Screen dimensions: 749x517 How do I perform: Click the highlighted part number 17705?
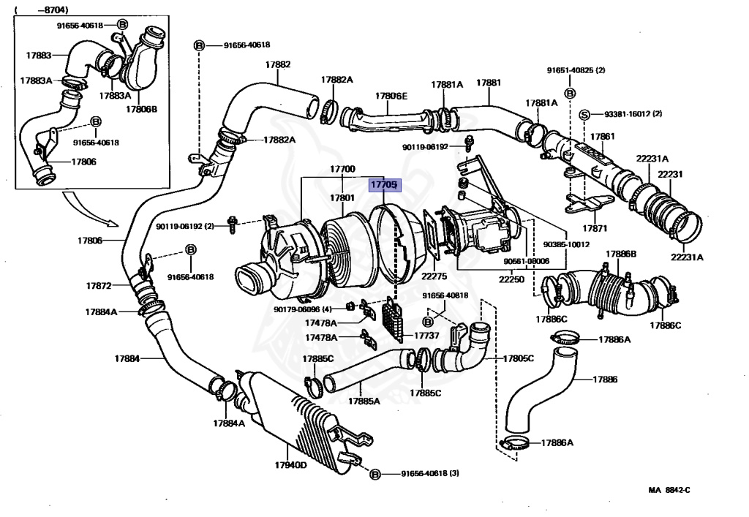[x=385, y=185]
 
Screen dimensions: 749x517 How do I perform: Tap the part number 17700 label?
[x=342, y=169]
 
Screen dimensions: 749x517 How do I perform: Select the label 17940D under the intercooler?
[x=291, y=465]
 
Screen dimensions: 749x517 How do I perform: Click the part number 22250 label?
[x=511, y=279]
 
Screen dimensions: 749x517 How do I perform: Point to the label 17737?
[x=426, y=336]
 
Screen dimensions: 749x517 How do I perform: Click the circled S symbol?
[x=584, y=115]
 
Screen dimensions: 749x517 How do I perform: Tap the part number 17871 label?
[x=595, y=228]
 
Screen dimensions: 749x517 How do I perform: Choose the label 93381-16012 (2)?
[x=633, y=114]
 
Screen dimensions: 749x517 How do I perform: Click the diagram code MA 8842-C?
[x=669, y=490]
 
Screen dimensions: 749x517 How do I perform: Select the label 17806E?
[x=391, y=96]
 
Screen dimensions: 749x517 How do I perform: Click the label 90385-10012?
[x=566, y=244]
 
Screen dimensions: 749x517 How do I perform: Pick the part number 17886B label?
[x=621, y=254]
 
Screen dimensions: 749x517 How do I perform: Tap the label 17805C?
[x=519, y=358]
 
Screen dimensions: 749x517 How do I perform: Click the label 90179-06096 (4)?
[x=303, y=309]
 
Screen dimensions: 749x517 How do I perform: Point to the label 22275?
[x=434, y=276]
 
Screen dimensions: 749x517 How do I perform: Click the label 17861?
[x=603, y=137]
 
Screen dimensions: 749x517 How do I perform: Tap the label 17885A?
[x=364, y=401]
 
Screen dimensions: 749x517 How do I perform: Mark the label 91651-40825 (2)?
[x=576, y=70]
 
